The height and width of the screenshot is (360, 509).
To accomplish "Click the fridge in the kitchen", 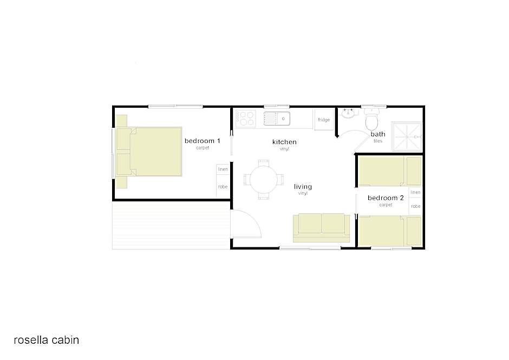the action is (x=324, y=120).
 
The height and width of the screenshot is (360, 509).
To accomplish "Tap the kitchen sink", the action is (x=277, y=119).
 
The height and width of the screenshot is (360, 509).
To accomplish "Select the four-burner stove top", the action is (x=246, y=118).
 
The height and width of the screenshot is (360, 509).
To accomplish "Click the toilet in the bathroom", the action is (x=371, y=119).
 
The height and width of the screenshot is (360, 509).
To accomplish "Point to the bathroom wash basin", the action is (x=348, y=113).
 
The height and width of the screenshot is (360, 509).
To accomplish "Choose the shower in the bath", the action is (x=407, y=136).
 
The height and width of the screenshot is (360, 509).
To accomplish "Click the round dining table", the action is (x=264, y=179).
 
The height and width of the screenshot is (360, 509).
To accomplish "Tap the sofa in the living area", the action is (x=321, y=228).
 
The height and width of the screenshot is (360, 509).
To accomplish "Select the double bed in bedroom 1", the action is (x=149, y=152).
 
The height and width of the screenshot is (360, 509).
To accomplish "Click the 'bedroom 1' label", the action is (x=202, y=141).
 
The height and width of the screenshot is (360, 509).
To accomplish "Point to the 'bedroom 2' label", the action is (x=386, y=198).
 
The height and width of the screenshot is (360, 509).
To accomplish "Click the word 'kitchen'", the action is (x=284, y=142).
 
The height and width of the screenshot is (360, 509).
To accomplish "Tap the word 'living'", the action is (x=303, y=187).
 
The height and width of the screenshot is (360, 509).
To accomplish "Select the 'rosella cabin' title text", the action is (x=47, y=340).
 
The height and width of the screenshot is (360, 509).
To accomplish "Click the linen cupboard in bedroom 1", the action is (x=223, y=169).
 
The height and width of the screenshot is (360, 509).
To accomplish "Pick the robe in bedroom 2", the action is (x=415, y=206).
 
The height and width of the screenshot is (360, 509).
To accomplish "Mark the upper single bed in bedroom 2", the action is (x=390, y=171).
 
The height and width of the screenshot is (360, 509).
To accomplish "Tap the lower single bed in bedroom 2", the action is (x=390, y=231).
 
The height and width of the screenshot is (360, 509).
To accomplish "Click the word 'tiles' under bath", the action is (x=378, y=141).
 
